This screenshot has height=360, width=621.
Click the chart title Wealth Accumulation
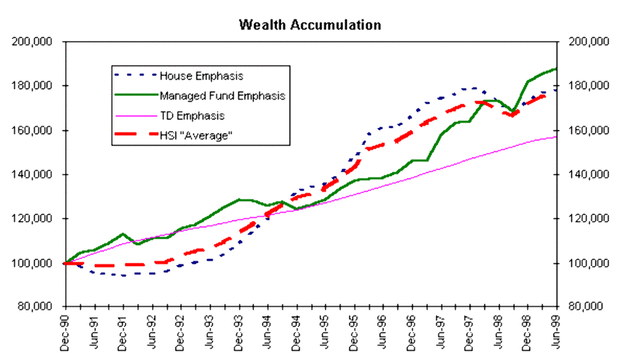click(310, 24)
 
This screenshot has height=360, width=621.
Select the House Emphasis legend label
click(201, 76)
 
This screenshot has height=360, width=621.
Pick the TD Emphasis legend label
click(192, 116)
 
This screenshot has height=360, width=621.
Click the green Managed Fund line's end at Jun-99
click(557, 69)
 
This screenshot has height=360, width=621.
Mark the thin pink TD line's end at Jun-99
click(557, 137)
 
